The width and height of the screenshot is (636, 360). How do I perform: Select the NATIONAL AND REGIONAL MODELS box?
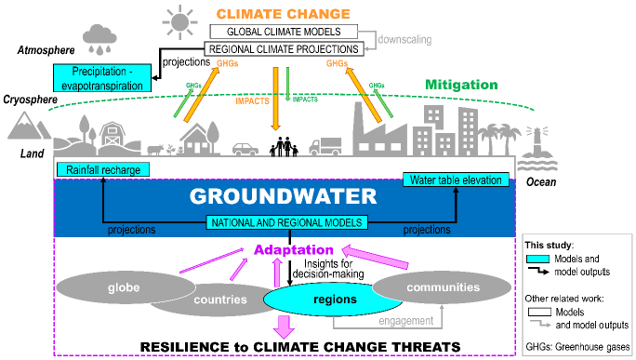[x=285, y=222]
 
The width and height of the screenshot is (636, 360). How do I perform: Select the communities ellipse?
[x=444, y=288]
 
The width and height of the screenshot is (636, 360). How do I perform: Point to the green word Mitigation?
[x=462, y=85]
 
